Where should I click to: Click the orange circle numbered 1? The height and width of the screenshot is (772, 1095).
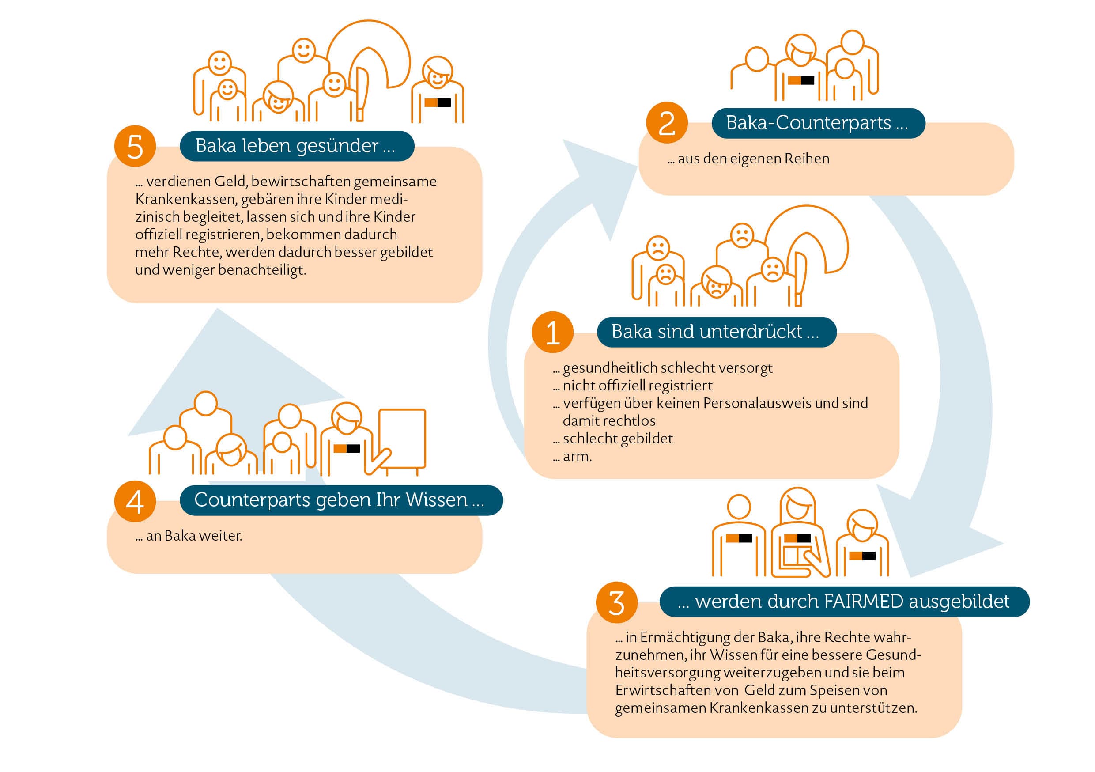(x=552, y=332)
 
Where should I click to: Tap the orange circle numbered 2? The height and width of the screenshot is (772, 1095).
(x=667, y=123)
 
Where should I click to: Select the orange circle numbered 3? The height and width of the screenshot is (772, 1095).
(x=617, y=602)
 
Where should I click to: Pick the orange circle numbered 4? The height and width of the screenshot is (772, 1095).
(x=135, y=501)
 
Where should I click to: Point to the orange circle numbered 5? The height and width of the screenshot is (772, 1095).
(x=135, y=146)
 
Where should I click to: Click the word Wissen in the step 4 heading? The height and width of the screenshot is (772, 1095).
(x=436, y=500)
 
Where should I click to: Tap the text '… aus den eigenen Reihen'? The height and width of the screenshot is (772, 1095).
(x=748, y=159)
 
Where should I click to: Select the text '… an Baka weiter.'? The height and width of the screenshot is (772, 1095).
(x=189, y=536)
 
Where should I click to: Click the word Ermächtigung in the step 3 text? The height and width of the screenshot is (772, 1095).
(x=685, y=638)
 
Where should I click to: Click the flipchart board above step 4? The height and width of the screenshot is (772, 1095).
(x=402, y=439)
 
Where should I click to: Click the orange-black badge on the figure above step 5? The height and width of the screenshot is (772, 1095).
(x=437, y=102)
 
